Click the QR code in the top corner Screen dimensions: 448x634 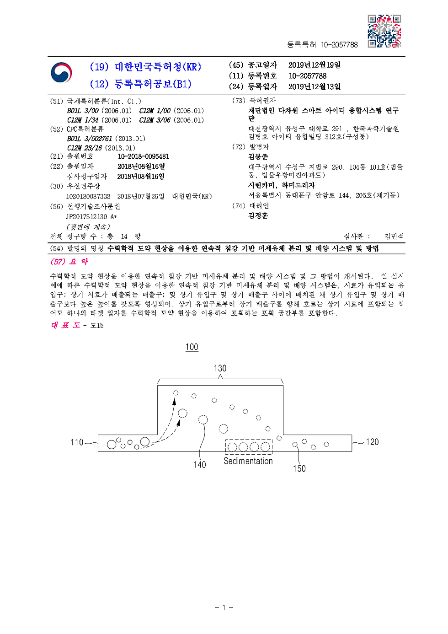coord(384,31)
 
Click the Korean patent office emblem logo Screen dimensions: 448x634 coord(61,73)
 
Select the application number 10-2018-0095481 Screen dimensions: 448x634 coord(143,156)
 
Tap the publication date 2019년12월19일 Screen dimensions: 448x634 coord(314,65)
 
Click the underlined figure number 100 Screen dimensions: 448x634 coord(192,347)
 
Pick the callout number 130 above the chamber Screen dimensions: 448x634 coord(220,368)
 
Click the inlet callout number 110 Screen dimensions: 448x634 coord(77,442)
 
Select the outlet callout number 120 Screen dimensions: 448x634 coord(372,442)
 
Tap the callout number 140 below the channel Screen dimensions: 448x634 coord(199,465)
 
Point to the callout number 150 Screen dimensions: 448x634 coord(299,468)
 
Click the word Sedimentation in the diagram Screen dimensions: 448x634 coord(248,461)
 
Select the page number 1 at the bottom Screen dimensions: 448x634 coord(224,607)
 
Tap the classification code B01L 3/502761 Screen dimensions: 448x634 coord(90,139)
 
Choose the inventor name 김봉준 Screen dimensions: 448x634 coord(258,157)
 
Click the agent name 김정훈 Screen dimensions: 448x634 coord(258,215)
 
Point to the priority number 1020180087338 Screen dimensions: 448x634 coord(88,196)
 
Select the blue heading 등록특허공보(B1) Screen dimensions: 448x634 coord(152,84)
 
